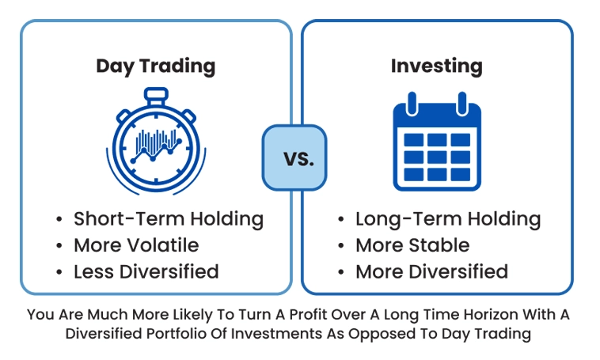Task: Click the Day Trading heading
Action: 156,66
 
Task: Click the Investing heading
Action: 437,66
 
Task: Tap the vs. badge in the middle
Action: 294,157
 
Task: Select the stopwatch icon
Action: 156,141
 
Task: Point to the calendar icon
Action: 437,141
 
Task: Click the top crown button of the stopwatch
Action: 156,96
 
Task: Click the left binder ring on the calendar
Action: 412,104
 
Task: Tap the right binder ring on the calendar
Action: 461,104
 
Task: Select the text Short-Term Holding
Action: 169,219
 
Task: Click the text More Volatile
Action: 136,245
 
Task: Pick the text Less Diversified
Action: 146,271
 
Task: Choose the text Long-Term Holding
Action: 448,219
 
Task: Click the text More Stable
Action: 412,245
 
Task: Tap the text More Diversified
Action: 431,271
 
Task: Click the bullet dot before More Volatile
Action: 59,245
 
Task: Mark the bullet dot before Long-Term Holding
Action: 341,219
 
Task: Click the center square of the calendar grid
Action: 437,157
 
